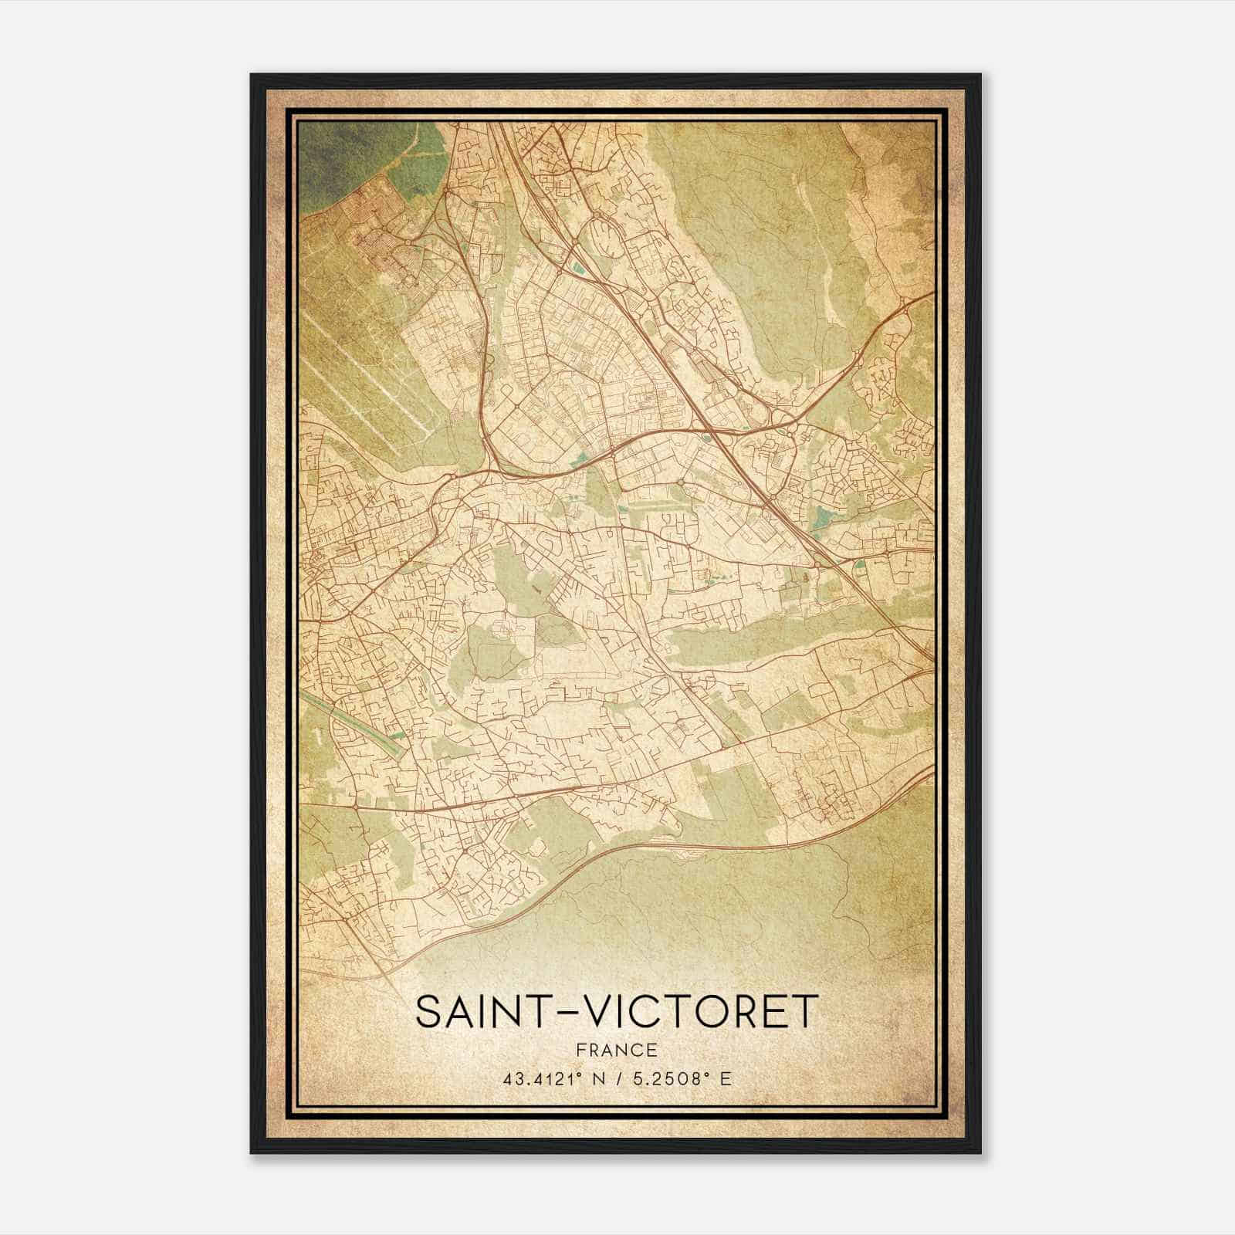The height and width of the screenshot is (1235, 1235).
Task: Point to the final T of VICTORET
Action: (x=803, y=1012)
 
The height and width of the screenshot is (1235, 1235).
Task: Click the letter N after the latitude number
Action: (x=595, y=1078)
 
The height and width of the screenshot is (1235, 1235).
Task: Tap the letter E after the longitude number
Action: (x=724, y=1078)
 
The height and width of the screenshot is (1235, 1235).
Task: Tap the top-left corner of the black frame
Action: (x=252, y=76)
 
